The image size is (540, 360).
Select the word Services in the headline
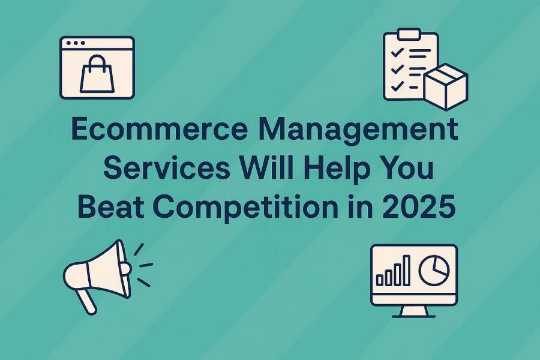(167, 168)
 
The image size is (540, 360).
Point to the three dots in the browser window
(76, 43)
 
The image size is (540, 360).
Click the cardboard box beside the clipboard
(446, 87)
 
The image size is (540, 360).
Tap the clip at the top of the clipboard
(409, 34)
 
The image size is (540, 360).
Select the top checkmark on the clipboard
(397, 53)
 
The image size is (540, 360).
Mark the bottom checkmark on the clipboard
(397, 86)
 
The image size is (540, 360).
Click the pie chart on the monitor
(434, 270)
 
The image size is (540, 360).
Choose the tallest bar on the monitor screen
(406, 271)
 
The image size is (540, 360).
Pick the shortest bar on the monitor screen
(380, 280)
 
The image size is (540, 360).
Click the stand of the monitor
(414, 312)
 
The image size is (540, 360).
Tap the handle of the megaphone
(86, 301)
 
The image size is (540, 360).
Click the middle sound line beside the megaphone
(146, 265)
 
